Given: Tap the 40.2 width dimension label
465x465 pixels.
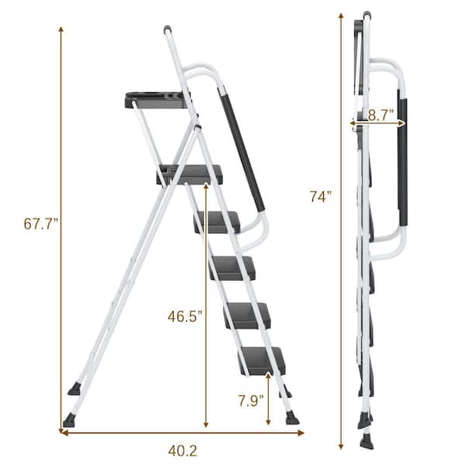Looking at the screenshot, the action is [x=182, y=451].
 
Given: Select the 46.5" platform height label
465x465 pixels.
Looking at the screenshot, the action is [x=184, y=316].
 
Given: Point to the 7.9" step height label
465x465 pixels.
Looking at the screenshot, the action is [x=250, y=401].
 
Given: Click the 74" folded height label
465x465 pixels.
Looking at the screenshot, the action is [x=321, y=196].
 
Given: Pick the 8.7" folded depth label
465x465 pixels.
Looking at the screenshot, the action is [x=381, y=115].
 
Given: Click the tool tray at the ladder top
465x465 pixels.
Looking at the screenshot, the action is [x=157, y=100].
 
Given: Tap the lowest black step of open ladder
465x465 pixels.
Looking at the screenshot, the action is [x=263, y=360].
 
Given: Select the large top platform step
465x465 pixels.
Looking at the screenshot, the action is [x=190, y=174].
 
